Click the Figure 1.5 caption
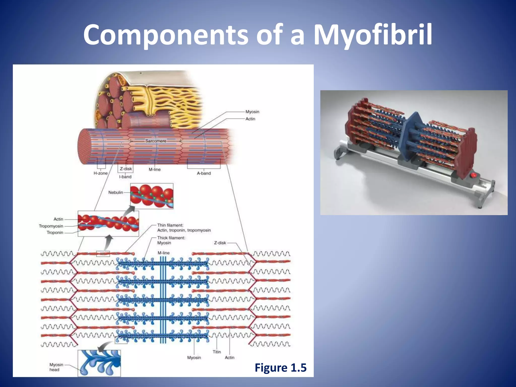[x=280, y=368]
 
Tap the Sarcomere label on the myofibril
[x=156, y=141]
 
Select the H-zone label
[x=101, y=173]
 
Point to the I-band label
[x=125, y=177]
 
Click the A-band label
[x=204, y=173]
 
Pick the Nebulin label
[x=116, y=192]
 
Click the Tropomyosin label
[x=51, y=226]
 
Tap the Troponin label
[x=55, y=233]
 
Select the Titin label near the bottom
[x=217, y=352]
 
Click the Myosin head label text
[x=56, y=367]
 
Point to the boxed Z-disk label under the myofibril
[x=126, y=169]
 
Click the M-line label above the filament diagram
[x=164, y=253]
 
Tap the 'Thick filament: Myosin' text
[x=171, y=240]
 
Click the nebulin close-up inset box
[x=152, y=196]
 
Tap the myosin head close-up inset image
[x=99, y=363]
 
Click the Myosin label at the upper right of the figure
[x=252, y=112]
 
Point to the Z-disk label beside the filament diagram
[x=220, y=243]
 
